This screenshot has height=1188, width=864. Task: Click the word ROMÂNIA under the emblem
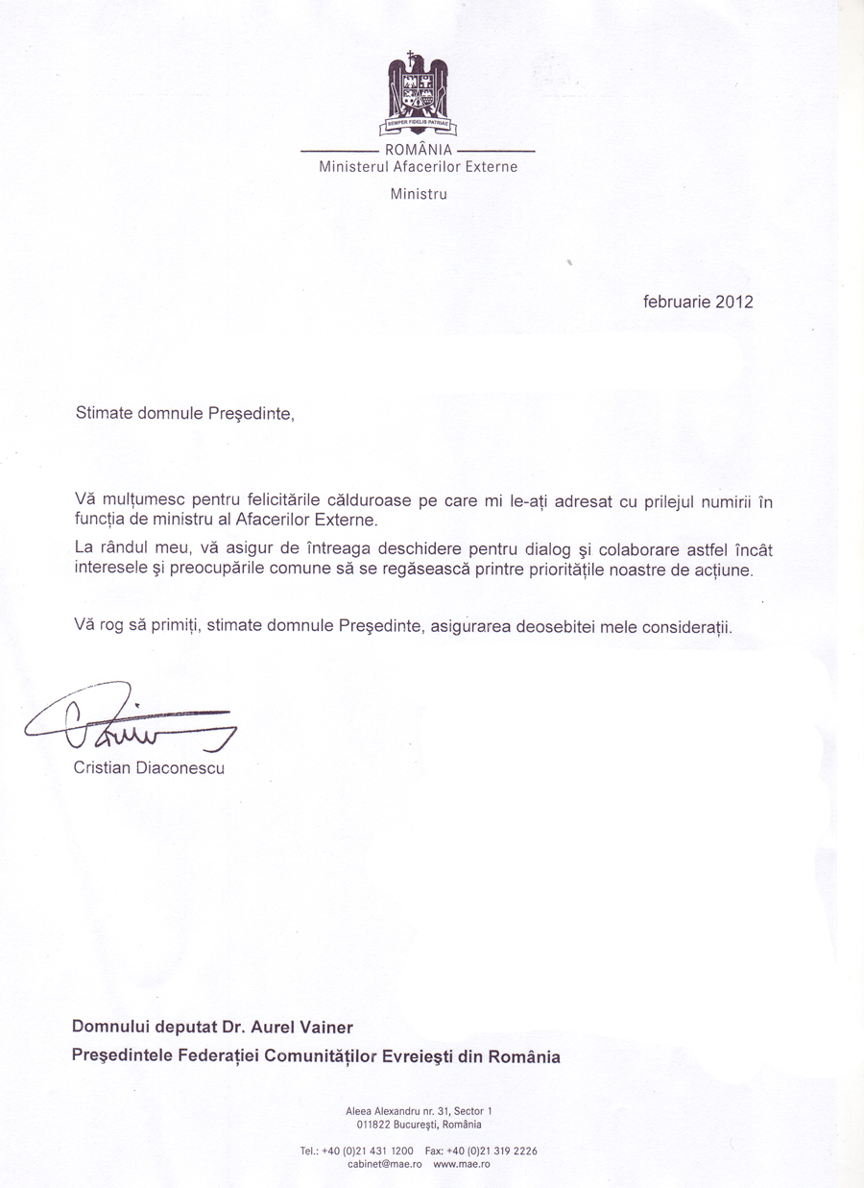coord(418,150)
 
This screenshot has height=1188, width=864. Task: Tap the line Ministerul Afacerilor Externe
coord(418,166)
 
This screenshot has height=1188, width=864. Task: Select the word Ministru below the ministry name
coord(419,193)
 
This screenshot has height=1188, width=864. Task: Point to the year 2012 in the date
coord(733,302)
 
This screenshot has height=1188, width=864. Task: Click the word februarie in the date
coord(676,302)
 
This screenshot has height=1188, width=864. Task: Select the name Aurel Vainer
coord(296,1027)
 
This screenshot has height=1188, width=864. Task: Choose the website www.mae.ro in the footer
coord(462,1163)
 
